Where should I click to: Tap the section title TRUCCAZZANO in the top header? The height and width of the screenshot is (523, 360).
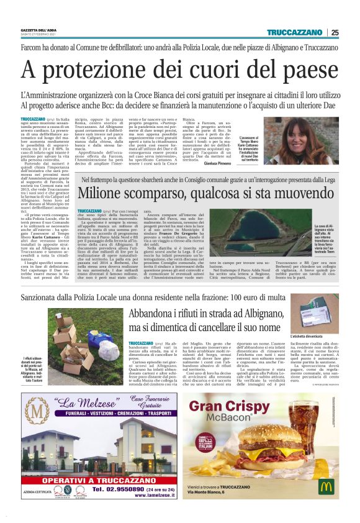294,33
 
